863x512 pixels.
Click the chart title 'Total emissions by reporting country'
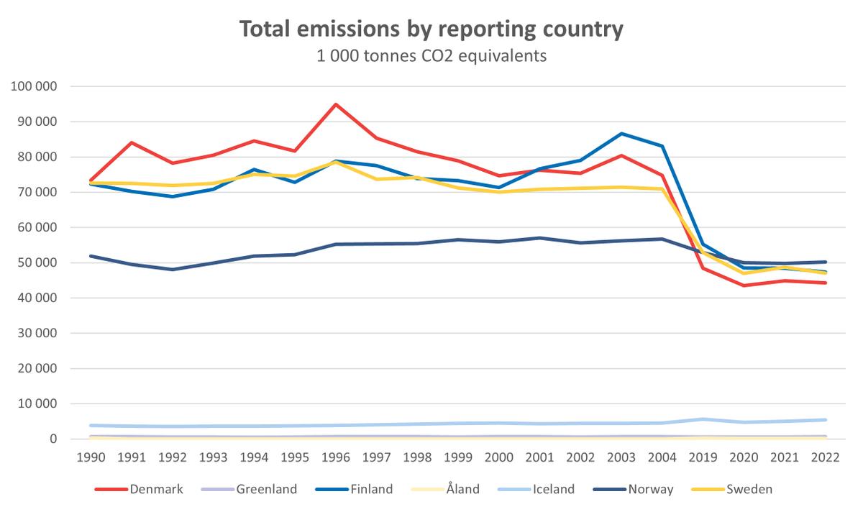click(431, 29)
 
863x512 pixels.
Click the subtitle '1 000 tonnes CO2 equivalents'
click(431, 56)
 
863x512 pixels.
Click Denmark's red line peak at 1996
click(336, 104)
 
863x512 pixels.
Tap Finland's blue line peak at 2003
click(621, 134)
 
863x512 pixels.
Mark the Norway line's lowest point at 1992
click(173, 270)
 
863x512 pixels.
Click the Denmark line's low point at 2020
click(744, 285)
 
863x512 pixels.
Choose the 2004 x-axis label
click(662, 458)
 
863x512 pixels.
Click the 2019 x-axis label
click(703, 458)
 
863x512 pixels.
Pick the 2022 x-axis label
click(825, 458)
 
